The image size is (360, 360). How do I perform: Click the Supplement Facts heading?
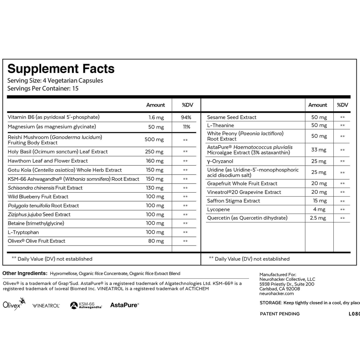[61, 69]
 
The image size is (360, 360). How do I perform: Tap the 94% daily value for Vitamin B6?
[186, 117]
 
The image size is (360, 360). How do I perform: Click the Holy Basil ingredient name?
[58, 152]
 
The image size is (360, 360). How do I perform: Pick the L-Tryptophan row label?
[23, 232]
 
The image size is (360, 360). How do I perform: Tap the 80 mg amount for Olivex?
[156, 241]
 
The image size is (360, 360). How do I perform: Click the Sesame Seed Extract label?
[232, 117]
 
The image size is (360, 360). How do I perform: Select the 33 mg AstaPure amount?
[319, 150]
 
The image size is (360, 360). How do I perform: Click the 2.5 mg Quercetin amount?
[318, 218]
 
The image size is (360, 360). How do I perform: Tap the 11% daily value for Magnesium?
[186, 127]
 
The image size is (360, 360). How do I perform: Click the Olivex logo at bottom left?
[14, 305]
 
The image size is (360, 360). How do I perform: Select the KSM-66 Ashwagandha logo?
[86, 305]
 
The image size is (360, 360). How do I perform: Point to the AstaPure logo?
[124, 305]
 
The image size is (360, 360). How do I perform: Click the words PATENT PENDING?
[280, 314]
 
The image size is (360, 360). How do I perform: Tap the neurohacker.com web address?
[276, 293]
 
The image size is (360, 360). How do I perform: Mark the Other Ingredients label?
[25, 274]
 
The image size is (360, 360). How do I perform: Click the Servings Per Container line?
[43, 88]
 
